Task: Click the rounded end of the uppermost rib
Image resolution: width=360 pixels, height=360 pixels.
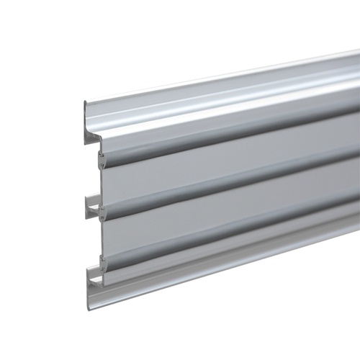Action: pos(102,156)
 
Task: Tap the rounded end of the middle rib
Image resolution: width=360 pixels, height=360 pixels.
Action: pos(102,212)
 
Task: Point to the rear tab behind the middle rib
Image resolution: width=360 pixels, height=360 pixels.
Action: pos(91,205)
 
